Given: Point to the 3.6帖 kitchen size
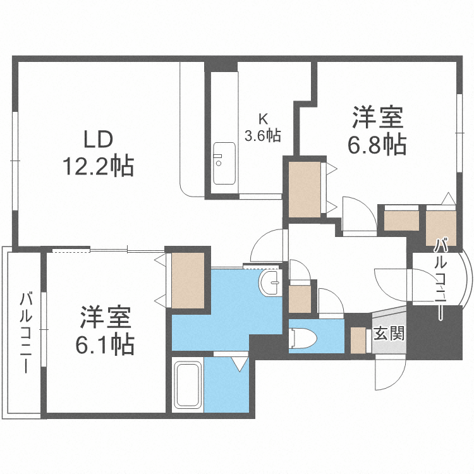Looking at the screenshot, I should (263, 134).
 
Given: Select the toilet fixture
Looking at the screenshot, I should (303, 338).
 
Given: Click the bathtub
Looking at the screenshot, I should (188, 386).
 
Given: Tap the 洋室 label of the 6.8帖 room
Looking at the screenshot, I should (377, 118).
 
